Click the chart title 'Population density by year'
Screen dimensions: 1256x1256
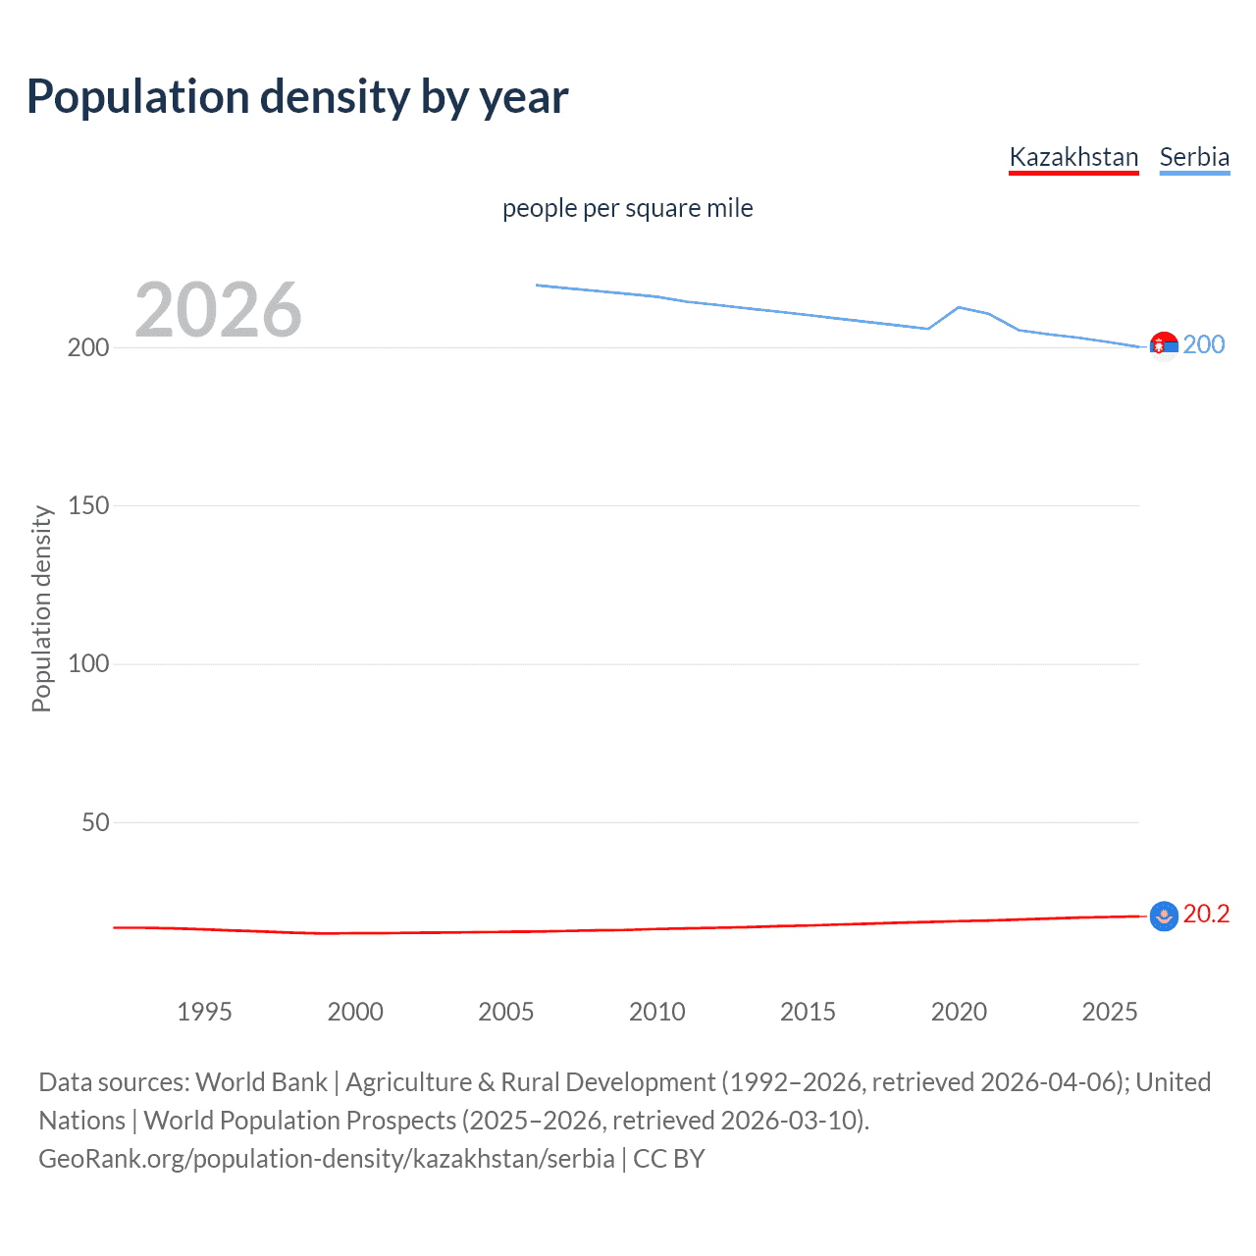[297, 97]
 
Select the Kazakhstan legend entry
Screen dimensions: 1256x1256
[1073, 157]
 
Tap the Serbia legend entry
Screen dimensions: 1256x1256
[1194, 157]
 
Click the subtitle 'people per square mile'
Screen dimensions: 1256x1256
[627, 208]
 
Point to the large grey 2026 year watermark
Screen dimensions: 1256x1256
[218, 310]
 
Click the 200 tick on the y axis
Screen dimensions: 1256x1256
[88, 347]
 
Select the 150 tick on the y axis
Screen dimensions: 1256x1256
[88, 505]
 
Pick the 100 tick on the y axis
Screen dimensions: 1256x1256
[88, 664]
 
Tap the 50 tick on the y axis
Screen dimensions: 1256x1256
[95, 822]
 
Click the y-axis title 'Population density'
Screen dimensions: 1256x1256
[41, 608]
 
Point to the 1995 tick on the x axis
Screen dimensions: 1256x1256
[204, 1012]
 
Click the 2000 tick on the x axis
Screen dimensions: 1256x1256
[355, 1012]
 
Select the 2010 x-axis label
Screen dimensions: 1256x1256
[656, 1012]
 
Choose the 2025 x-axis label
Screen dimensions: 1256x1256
[1109, 1012]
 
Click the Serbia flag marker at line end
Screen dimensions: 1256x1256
[1164, 346]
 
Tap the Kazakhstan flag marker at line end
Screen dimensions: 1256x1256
[1164, 916]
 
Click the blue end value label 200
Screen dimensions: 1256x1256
[1204, 344]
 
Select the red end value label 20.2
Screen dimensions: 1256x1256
[1206, 914]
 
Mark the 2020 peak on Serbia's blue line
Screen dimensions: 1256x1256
[959, 307]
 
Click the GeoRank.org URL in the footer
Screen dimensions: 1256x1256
[327, 1159]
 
